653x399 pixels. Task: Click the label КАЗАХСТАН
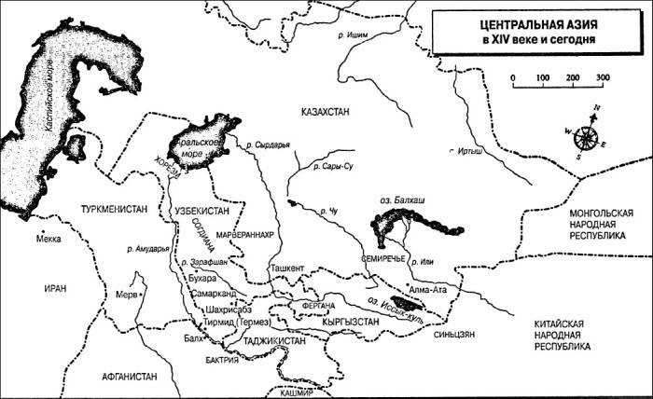click(x=326, y=112)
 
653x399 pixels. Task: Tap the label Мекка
click(x=48, y=240)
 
